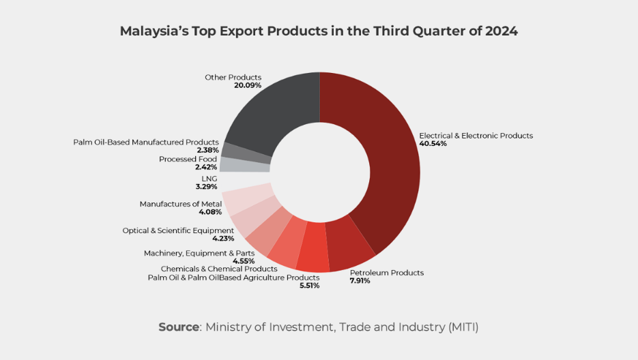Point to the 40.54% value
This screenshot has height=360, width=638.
pos(433,144)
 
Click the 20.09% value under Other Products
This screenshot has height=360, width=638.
pos(248,86)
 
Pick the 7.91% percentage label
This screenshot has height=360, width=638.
pos(360,281)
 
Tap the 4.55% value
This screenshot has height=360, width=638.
pos(244,261)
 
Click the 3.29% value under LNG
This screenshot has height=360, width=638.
pos(206,186)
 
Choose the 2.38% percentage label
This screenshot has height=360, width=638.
pos(207,150)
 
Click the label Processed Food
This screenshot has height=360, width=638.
pos(188,159)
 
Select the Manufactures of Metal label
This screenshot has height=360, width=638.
pos(181,204)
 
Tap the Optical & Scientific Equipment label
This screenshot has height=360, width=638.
pos(178,230)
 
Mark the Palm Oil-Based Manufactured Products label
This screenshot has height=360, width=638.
pos(146,142)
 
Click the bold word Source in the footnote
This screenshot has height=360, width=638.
pos(179,327)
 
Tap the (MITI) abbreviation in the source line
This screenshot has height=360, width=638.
pos(463,327)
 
